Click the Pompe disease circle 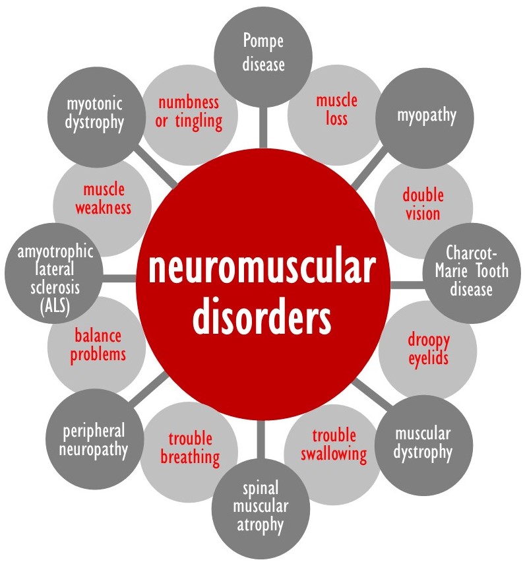(x=263, y=57)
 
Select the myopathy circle (x=425, y=118)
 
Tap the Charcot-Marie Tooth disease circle (x=472, y=272)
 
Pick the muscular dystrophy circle (x=423, y=445)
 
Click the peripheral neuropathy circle (x=95, y=439)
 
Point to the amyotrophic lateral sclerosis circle (x=54, y=272)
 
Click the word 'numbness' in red (x=189, y=103)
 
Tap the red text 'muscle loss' (x=336, y=110)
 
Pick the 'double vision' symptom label (x=423, y=204)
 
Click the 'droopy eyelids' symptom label (x=428, y=349)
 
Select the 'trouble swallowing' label (x=334, y=445)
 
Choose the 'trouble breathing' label (x=190, y=448)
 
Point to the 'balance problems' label (x=98, y=345)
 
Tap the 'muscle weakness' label (x=103, y=199)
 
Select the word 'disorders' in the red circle (x=262, y=316)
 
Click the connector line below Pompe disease (x=263, y=127)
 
